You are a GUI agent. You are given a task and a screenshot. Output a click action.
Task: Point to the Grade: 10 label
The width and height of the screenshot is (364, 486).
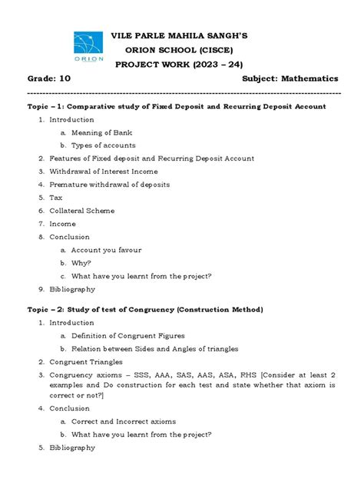[48, 80]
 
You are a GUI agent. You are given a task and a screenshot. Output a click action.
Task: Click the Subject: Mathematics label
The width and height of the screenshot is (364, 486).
[290, 80]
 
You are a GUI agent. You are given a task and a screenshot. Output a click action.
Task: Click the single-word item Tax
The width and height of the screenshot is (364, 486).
[56, 198]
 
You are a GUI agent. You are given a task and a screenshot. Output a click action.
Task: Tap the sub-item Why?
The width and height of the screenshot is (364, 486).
[83, 263]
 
